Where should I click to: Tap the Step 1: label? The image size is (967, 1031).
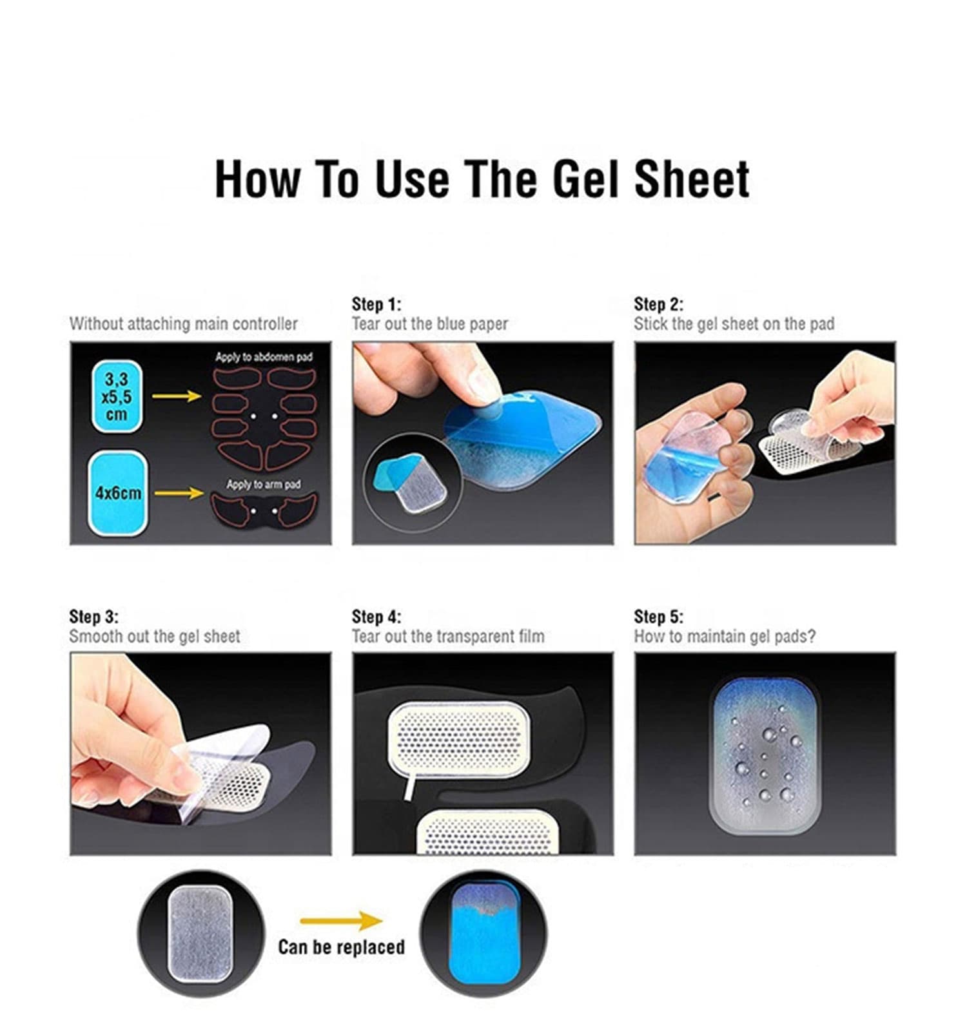pos(376,304)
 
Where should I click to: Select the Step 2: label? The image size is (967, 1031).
pos(658,304)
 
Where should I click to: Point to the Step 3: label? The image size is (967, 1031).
pos(94,617)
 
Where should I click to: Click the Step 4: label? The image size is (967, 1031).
pos(376,617)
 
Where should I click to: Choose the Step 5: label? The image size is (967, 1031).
pos(658,617)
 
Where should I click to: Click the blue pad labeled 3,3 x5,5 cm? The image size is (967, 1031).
pos(117,396)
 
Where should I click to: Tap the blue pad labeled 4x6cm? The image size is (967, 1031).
pos(118,493)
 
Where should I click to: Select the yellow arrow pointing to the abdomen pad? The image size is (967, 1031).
pos(177,396)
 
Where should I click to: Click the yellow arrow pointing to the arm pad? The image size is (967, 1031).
pos(179,493)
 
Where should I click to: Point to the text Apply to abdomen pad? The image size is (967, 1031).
pos(264,357)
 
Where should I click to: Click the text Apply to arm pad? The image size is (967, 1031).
pos(263,484)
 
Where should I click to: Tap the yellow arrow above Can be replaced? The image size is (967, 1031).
pos(342,921)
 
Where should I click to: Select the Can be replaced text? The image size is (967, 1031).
pos(342,947)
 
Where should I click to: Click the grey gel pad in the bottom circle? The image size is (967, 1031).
pos(200,934)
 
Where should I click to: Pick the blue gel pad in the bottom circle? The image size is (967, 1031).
pos(483,934)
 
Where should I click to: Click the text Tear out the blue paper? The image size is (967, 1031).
pos(430,323)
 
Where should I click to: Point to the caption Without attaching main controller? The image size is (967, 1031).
pos(184,323)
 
